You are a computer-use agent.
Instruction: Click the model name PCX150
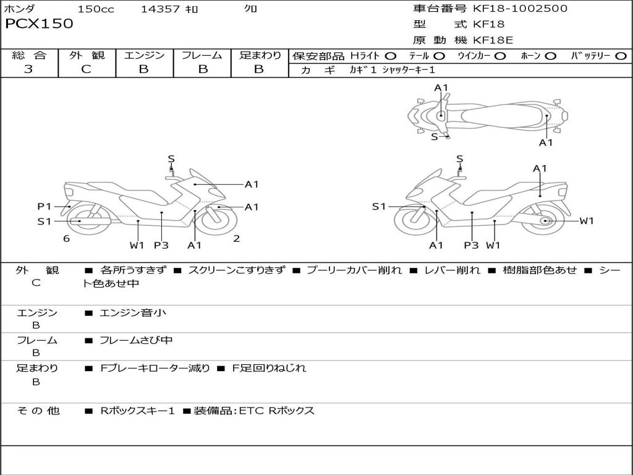(39, 24)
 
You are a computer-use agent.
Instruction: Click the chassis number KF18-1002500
(520, 9)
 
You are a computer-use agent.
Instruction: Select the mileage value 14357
(160, 9)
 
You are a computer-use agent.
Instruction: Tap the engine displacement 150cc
(96, 9)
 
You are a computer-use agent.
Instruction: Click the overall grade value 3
(28, 69)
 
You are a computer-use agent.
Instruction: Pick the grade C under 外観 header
(86, 69)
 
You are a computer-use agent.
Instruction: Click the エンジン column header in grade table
(144, 55)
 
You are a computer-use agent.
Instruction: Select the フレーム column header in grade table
(202, 55)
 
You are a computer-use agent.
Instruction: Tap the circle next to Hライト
(391, 56)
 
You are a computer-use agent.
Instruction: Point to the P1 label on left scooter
(44, 207)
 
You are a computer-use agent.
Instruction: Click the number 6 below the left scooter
(66, 239)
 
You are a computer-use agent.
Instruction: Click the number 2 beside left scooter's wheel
(237, 239)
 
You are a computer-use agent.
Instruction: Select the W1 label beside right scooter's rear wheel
(586, 221)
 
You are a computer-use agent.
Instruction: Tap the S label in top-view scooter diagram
(434, 137)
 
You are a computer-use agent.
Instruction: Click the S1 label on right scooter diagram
(378, 207)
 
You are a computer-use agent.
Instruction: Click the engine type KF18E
(493, 40)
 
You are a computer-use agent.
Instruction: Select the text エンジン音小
(133, 313)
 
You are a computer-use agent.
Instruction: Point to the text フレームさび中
(136, 340)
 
